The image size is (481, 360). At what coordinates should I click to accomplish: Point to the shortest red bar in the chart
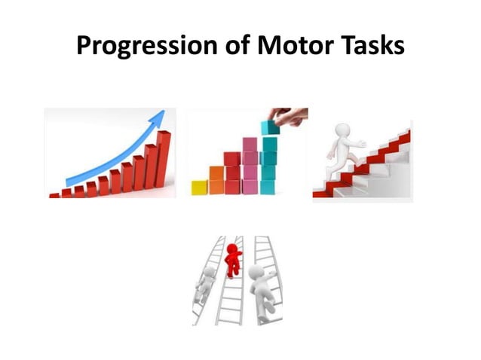click(x=54, y=195)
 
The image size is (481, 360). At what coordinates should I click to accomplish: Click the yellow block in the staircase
click(x=199, y=188)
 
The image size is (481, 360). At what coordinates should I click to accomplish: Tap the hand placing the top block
click(x=293, y=116)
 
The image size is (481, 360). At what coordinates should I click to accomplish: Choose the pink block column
click(x=250, y=166)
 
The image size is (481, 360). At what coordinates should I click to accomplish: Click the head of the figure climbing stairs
click(x=342, y=132)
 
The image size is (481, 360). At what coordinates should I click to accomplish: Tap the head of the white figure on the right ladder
click(x=257, y=272)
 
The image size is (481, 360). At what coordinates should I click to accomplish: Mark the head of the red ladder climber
click(x=234, y=249)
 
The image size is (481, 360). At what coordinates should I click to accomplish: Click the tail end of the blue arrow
click(x=70, y=182)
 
